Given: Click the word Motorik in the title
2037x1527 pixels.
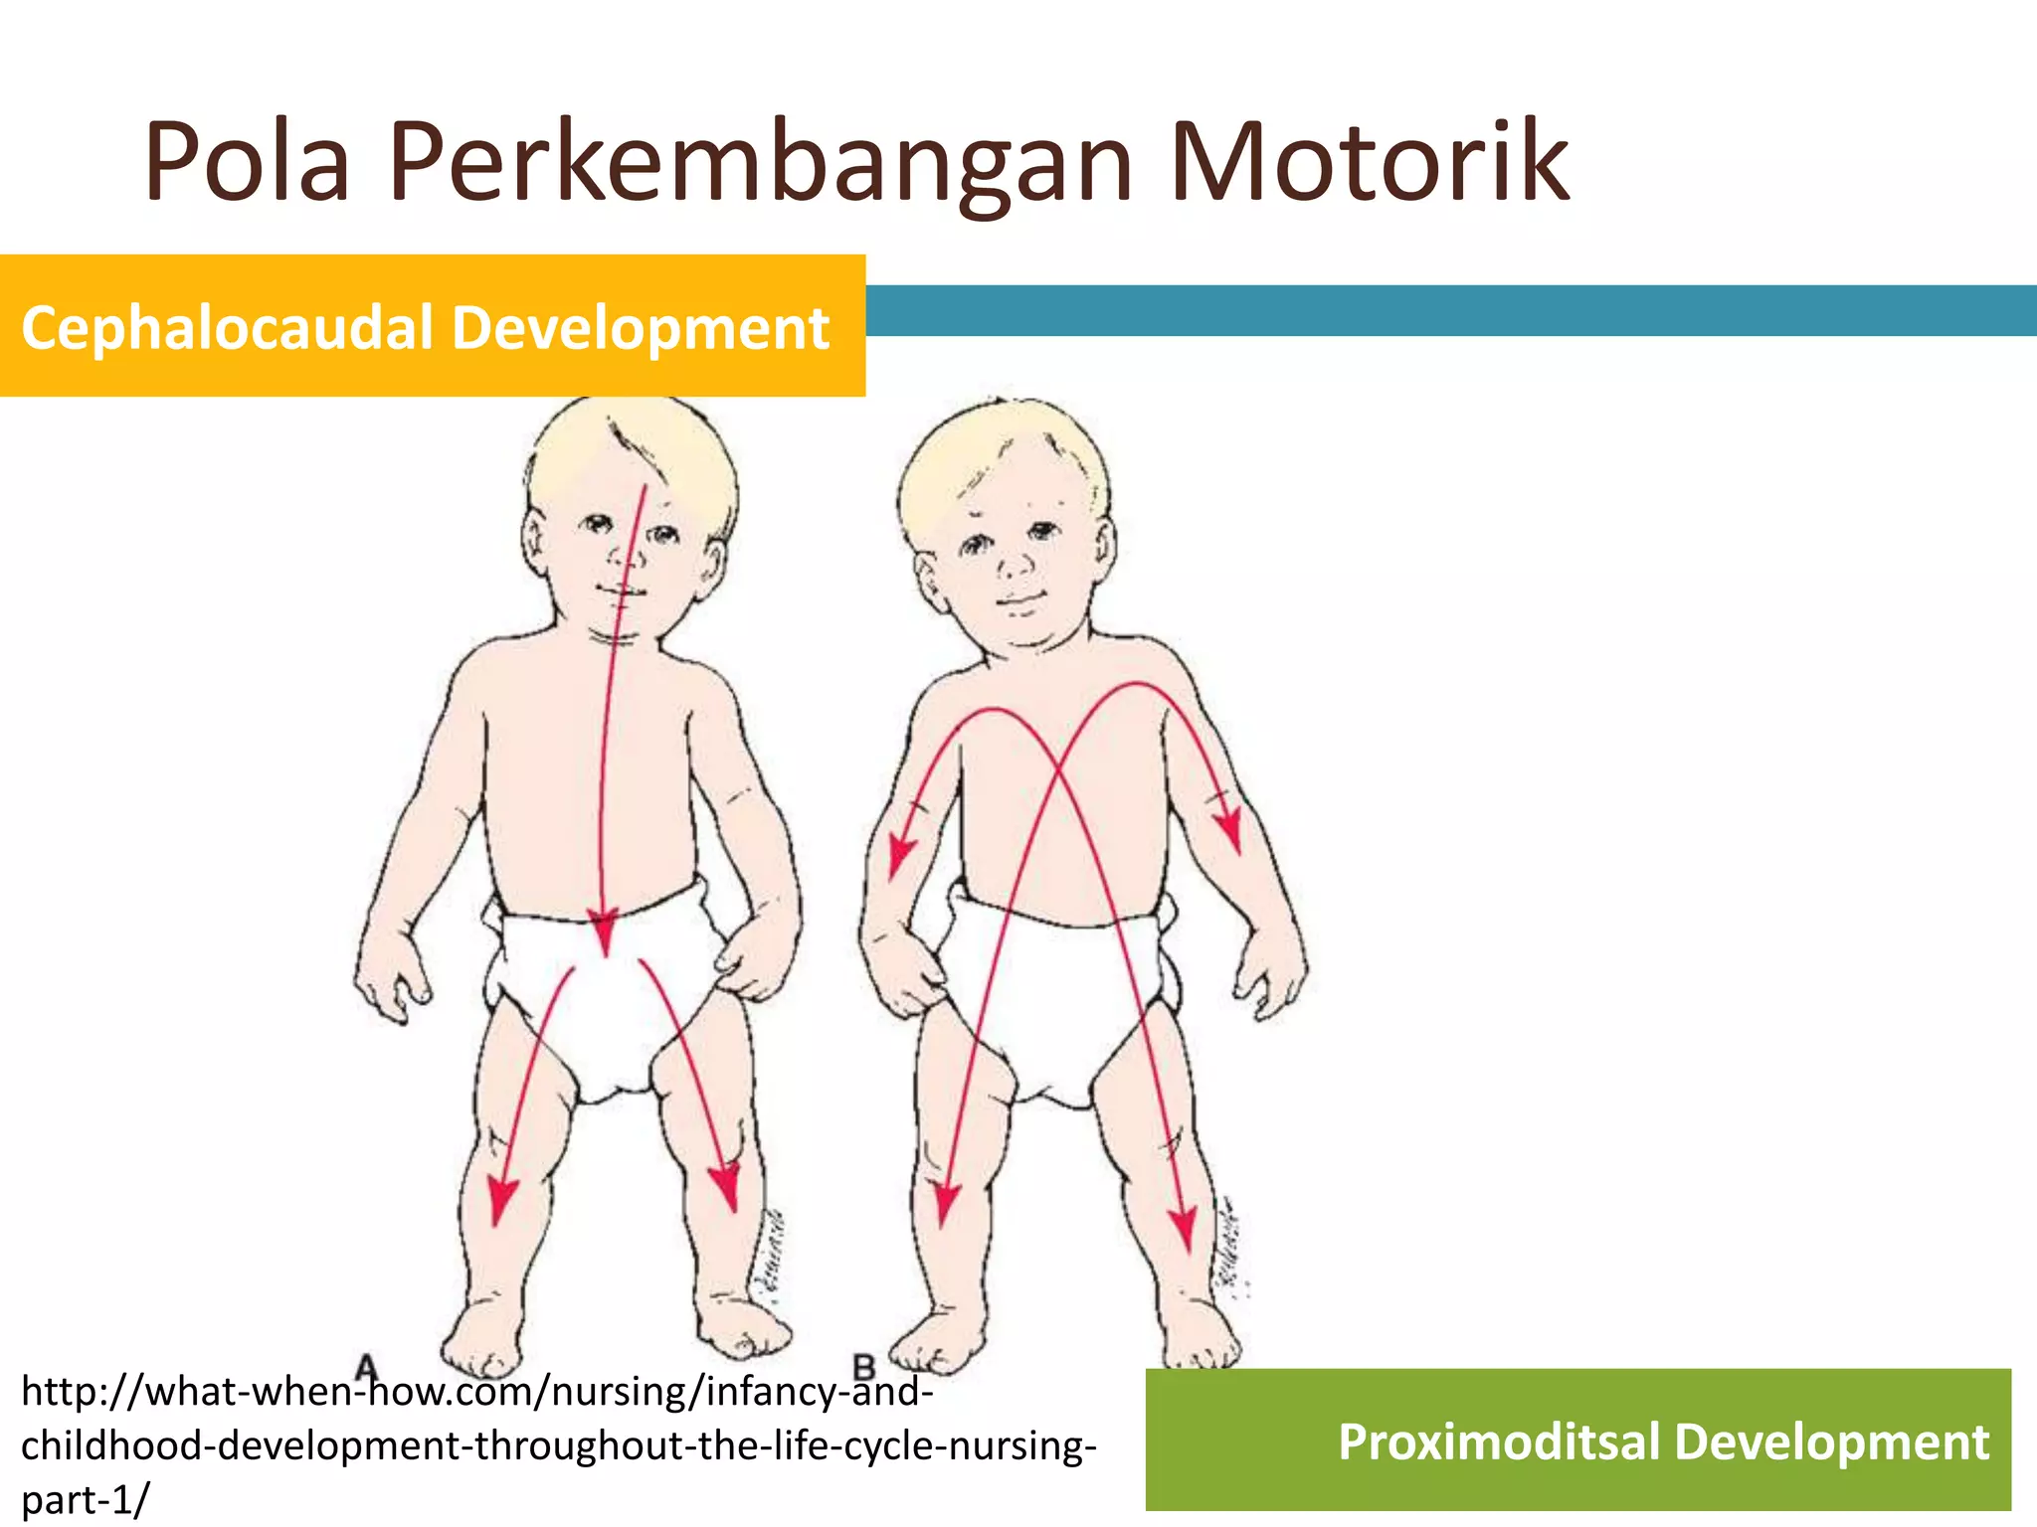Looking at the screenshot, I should tap(1370, 162).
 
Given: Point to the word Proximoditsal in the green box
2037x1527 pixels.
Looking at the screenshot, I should tap(1499, 1442).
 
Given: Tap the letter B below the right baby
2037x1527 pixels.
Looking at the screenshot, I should tap(864, 1369).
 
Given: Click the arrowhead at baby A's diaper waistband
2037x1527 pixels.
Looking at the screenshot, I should tap(603, 934).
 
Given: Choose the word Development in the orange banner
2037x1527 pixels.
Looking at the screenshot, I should tap(641, 328).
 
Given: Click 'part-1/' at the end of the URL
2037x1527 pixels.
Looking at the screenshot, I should tap(85, 1499).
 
